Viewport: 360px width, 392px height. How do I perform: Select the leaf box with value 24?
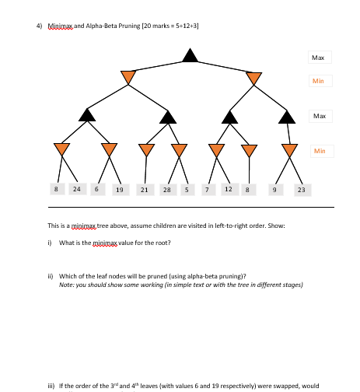coord(77,189)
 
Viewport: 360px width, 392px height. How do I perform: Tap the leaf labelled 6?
coord(96,189)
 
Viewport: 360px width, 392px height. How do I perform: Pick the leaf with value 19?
coord(118,189)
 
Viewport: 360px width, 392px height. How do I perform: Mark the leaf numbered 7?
coord(206,189)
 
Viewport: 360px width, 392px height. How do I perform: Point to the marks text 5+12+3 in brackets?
coord(185,26)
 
